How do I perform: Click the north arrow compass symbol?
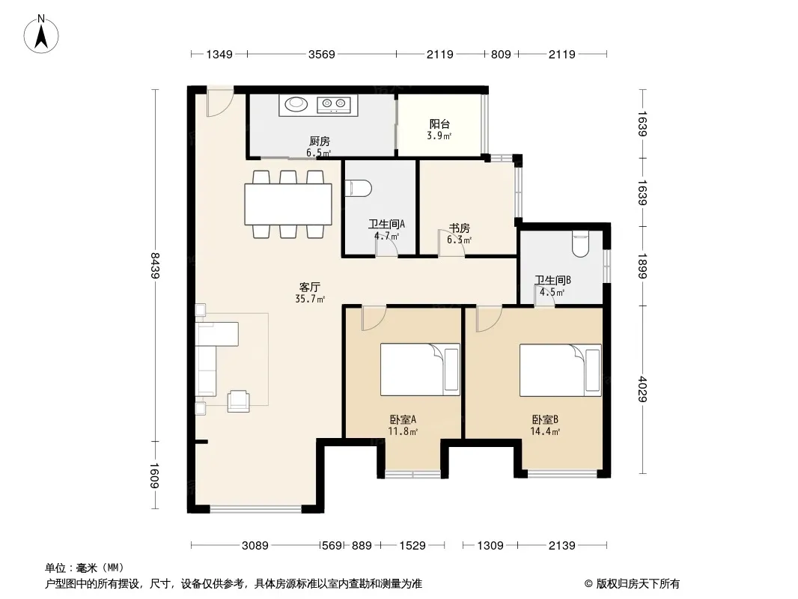pyautogui.click(x=41, y=34)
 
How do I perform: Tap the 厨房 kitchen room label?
pyautogui.click(x=319, y=141)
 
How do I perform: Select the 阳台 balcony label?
pyautogui.click(x=439, y=124)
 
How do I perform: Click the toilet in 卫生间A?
pyautogui.click(x=359, y=188)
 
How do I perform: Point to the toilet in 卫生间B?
pyautogui.click(x=580, y=245)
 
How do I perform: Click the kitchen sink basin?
pyautogui.click(x=296, y=104)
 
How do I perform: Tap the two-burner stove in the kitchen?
pyautogui.click(x=334, y=105)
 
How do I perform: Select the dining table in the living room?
pyautogui.click(x=288, y=204)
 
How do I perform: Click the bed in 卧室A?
pyautogui.click(x=420, y=369)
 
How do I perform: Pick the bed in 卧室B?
pyautogui.click(x=561, y=370)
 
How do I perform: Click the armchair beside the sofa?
pyautogui.click(x=238, y=401)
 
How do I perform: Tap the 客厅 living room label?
pyautogui.click(x=309, y=287)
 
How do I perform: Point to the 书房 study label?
pyautogui.click(x=459, y=228)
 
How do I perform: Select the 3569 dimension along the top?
pyautogui.click(x=322, y=54)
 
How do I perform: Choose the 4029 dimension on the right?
pyautogui.click(x=643, y=389)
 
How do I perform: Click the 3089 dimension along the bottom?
pyautogui.click(x=255, y=546)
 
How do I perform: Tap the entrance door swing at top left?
pyautogui.click(x=220, y=103)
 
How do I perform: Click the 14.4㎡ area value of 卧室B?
pyautogui.click(x=545, y=431)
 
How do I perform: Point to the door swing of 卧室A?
pyautogui.click(x=374, y=318)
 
